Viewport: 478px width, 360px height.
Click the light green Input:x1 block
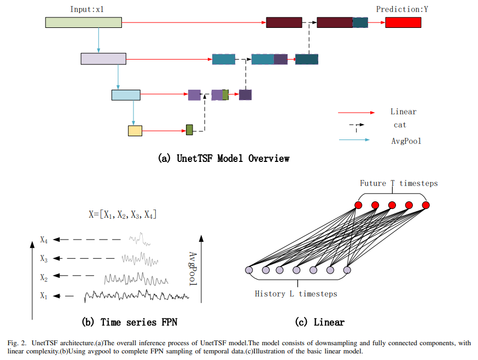tap(83, 22)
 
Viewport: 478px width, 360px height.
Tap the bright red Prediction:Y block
tap(403, 22)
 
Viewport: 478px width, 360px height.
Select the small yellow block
tap(135, 130)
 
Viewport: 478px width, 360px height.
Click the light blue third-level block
tap(126, 95)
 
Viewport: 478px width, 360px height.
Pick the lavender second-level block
tap(103, 59)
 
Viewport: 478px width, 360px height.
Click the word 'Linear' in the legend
tap(403, 112)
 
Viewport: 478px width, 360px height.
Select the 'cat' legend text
tap(400, 125)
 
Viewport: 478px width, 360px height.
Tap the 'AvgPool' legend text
tap(406, 141)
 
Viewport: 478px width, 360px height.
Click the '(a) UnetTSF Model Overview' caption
tap(224, 159)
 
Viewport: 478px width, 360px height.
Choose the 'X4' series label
tap(44, 240)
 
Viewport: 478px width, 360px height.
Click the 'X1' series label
tap(44, 295)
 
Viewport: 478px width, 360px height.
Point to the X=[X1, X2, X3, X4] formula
tap(123, 215)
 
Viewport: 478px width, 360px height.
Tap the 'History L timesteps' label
tap(296, 294)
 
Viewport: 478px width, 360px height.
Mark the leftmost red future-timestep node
tap(359, 205)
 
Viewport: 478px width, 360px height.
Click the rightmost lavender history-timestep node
tap(347, 270)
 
